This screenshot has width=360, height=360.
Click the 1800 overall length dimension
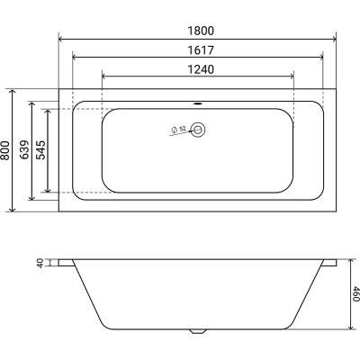201,31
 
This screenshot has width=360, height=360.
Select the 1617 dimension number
201,50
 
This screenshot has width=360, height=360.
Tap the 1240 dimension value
201,69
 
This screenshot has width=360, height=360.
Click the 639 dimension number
24,149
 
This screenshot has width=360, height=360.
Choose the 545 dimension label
40,150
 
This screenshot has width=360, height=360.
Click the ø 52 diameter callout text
178,130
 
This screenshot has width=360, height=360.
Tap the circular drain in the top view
198,130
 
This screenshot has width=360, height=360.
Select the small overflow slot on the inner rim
198,103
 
